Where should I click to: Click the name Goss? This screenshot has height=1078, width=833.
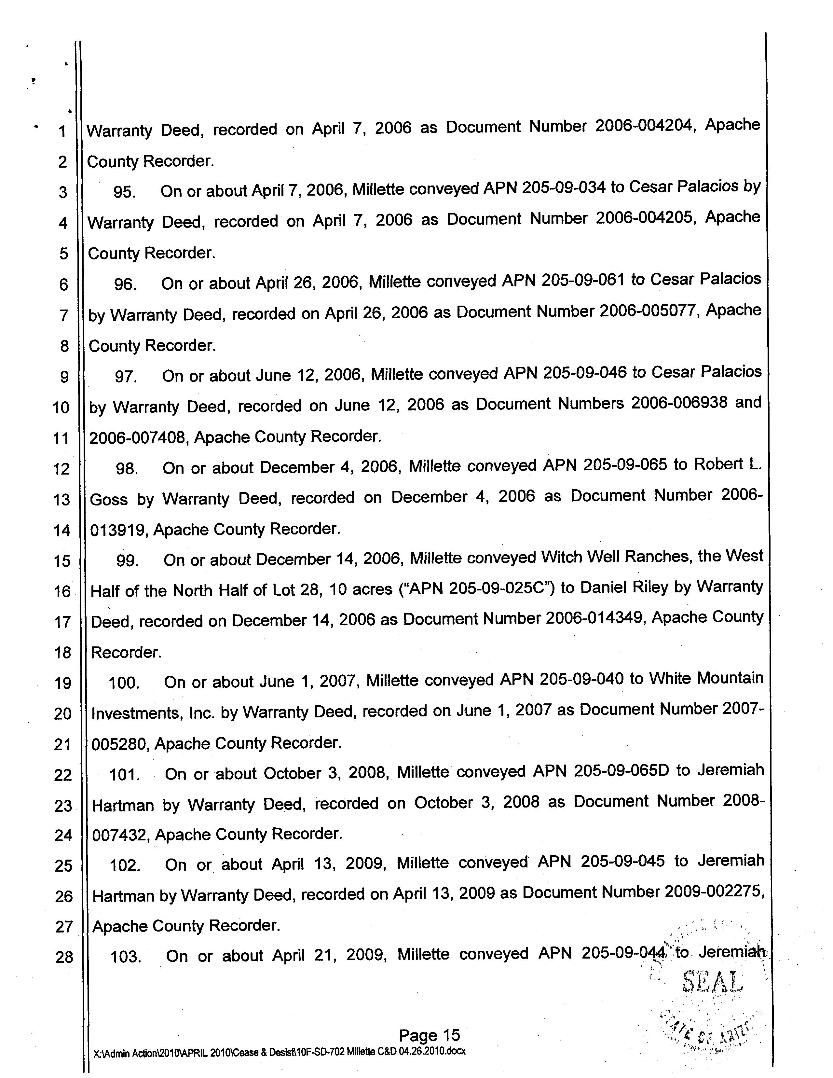point(109,500)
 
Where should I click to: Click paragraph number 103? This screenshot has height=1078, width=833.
point(126,957)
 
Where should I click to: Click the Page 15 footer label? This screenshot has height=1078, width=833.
point(429,1035)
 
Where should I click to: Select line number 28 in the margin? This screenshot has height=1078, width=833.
point(64,958)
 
